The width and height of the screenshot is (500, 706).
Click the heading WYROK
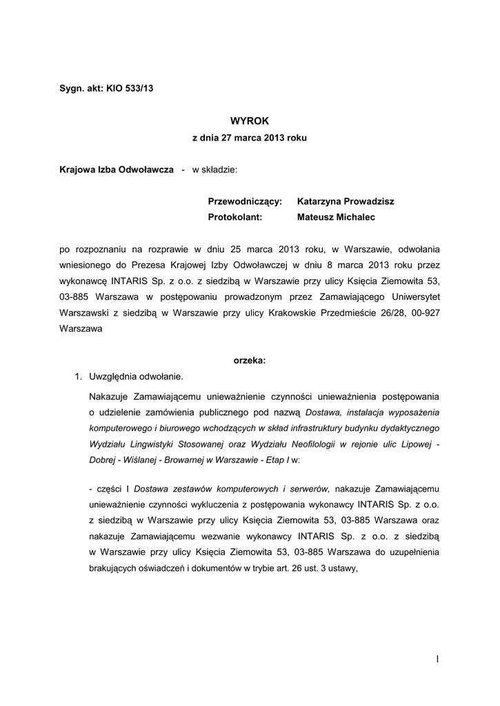coord(249,121)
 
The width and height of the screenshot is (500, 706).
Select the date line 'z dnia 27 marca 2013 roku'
coord(249,138)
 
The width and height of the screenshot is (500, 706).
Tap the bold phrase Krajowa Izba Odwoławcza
coord(117,170)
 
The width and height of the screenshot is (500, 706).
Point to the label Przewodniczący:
coord(245,201)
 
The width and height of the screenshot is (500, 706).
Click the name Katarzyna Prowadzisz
coord(346,201)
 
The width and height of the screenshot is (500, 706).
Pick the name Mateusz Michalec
coord(337,217)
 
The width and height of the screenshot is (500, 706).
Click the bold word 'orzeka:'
coord(249,360)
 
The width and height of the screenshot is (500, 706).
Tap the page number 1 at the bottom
coord(437,660)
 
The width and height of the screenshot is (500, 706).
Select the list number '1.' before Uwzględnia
coord(79,376)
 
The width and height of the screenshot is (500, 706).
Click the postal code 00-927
coord(426,313)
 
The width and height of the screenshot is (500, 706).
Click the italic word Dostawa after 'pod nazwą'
coord(322,412)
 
